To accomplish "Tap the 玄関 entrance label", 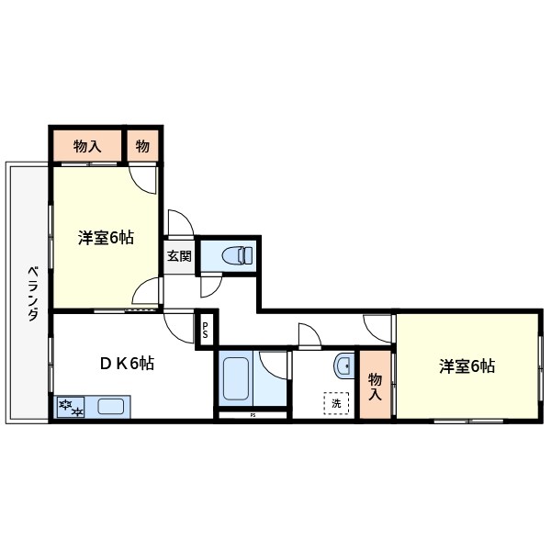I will [179, 257].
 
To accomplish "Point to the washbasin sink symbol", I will [343, 366].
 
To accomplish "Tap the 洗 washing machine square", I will [335, 403].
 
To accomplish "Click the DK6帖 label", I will [126, 363].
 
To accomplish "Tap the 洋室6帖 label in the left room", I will [107, 238].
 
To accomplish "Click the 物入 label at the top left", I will [86, 145].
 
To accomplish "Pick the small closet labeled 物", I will [142, 145].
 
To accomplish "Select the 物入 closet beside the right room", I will [375, 387].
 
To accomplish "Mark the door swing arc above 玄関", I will [179, 223].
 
